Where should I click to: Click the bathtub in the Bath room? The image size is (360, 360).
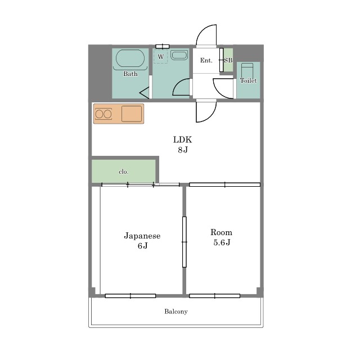click(130, 58)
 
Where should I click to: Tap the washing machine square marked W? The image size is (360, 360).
click(161, 56)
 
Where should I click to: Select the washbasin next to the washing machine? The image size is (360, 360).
click(179, 55)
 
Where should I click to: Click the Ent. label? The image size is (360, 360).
click(206, 60)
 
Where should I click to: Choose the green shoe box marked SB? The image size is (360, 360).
click(228, 60)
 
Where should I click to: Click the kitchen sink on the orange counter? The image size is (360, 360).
click(132, 114)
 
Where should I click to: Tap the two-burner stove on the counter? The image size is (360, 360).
click(103, 114)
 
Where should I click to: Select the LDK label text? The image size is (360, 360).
click(182, 139)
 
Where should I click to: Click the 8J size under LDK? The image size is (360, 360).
click(183, 150)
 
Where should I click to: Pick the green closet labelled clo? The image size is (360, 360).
click(124, 171)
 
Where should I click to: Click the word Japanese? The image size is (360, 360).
click(142, 236)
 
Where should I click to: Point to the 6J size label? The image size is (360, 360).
click(142, 246)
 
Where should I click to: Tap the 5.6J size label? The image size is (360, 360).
click(222, 242)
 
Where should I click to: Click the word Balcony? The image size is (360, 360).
click(176, 312)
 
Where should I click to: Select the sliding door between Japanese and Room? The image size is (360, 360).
click(184, 242)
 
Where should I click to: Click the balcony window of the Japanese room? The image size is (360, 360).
click(130, 296)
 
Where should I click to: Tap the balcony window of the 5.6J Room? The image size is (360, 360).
click(215, 296)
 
